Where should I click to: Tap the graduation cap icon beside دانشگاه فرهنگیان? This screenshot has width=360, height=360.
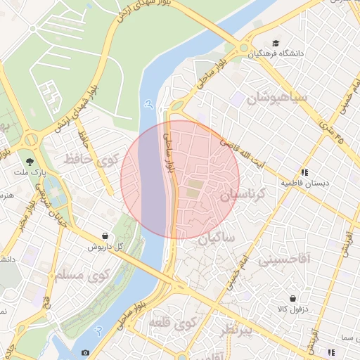(x=275, y=43)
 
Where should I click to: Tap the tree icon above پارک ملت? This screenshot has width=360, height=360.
(x=30, y=160)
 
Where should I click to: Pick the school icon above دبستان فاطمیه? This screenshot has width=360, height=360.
(x=304, y=172)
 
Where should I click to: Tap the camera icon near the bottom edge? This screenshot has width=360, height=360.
(x=85, y=352)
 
